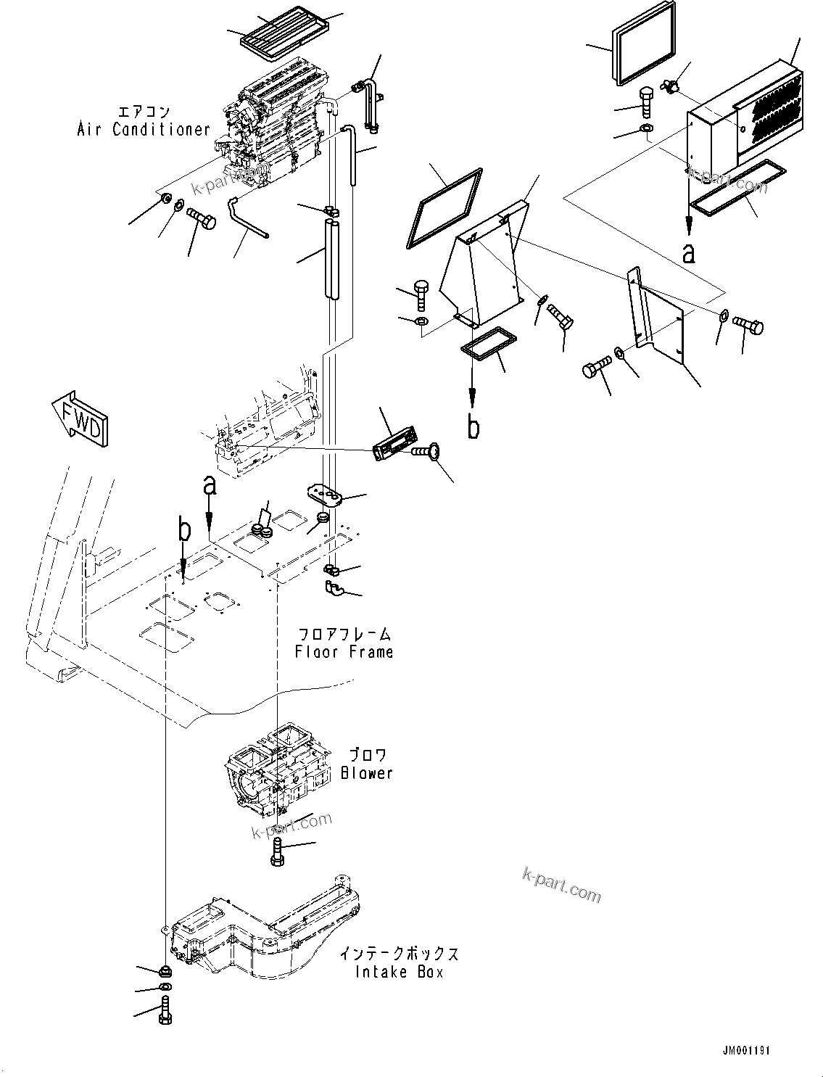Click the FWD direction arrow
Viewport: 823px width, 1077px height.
click(x=80, y=414)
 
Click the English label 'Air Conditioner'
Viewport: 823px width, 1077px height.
click(x=144, y=130)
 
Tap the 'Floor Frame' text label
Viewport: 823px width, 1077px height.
click(x=344, y=651)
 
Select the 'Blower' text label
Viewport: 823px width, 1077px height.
click(x=367, y=773)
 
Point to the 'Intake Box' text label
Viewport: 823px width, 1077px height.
click(x=399, y=972)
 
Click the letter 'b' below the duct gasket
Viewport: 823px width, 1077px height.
click(x=473, y=427)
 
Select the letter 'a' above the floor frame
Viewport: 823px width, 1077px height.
click(x=209, y=485)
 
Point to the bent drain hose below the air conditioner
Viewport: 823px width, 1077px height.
click(x=247, y=218)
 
